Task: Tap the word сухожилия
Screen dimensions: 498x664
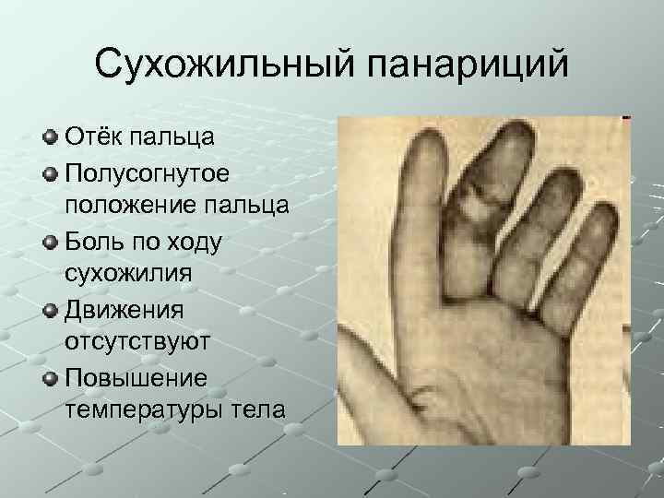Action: click(123, 274)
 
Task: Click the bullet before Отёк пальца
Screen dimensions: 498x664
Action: click(50, 138)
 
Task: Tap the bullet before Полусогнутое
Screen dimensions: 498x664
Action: click(50, 173)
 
